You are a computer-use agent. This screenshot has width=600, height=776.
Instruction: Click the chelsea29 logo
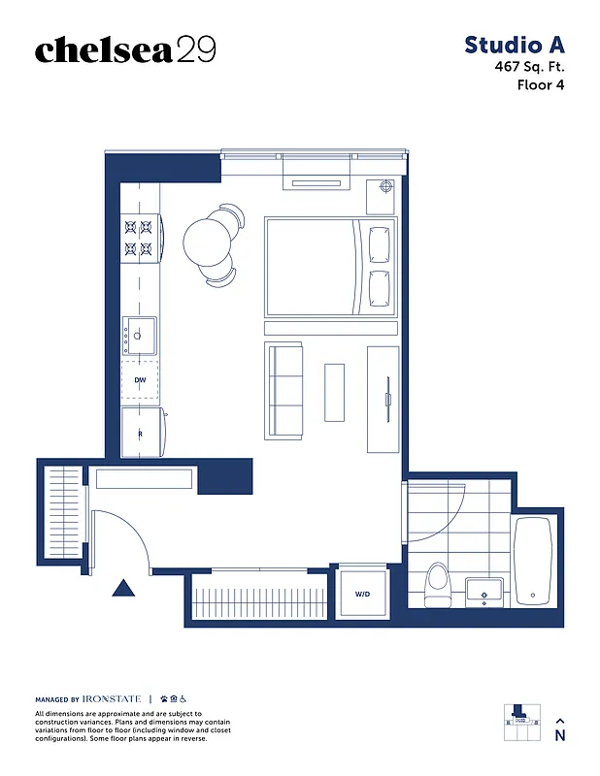(124, 50)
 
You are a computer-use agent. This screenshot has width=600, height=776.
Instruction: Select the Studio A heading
(514, 45)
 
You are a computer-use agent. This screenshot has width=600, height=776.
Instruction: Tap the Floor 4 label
(541, 84)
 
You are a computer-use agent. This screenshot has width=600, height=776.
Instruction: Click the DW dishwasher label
(140, 380)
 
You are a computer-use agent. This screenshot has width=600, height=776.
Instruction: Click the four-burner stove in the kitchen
(138, 240)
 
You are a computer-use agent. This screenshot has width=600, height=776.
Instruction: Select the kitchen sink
(140, 335)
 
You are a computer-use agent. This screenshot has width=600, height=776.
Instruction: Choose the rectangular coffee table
(334, 392)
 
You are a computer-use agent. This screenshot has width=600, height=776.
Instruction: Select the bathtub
(532, 562)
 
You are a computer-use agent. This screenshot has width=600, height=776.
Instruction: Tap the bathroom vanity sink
(483, 590)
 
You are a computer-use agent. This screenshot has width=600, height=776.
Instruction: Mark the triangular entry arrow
(122, 587)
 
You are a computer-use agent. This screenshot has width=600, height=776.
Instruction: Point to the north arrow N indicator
(559, 729)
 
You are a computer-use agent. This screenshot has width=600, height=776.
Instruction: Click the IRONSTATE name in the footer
(112, 698)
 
